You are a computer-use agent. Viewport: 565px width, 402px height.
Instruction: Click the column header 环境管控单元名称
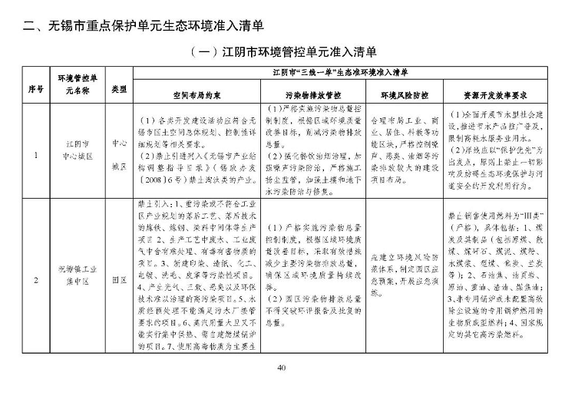[78, 89]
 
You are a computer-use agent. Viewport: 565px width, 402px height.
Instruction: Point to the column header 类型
[119, 89]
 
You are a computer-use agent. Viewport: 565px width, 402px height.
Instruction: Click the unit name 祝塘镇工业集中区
[78, 280]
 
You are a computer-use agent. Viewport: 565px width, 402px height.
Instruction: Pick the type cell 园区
[119, 280]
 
